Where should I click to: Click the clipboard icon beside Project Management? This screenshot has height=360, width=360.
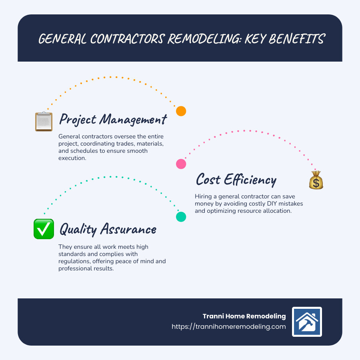pyautogui.click(x=44, y=121)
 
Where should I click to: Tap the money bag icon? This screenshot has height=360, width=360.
pyautogui.click(x=316, y=180)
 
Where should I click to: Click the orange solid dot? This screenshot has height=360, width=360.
pyautogui.click(x=181, y=111)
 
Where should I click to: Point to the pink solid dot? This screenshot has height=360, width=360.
pyautogui.click(x=181, y=164)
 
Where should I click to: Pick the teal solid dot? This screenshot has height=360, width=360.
pyautogui.click(x=181, y=216)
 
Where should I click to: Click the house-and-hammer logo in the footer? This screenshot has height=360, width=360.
pyautogui.click(x=307, y=322)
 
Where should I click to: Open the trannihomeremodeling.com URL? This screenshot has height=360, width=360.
pyautogui.click(x=229, y=326)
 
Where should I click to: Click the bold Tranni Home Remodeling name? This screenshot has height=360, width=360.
pyautogui.click(x=244, y=316)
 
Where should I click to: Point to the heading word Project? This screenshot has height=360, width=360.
pyautogui.click(x=77, y=119)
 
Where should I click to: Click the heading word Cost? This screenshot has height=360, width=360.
pyautogui.click(x=208, y=180)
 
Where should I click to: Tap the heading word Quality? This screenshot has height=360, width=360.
pyautogui.click(x=78, y=229)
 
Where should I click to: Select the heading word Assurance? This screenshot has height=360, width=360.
pyautogui.click(x=129, y=229)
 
